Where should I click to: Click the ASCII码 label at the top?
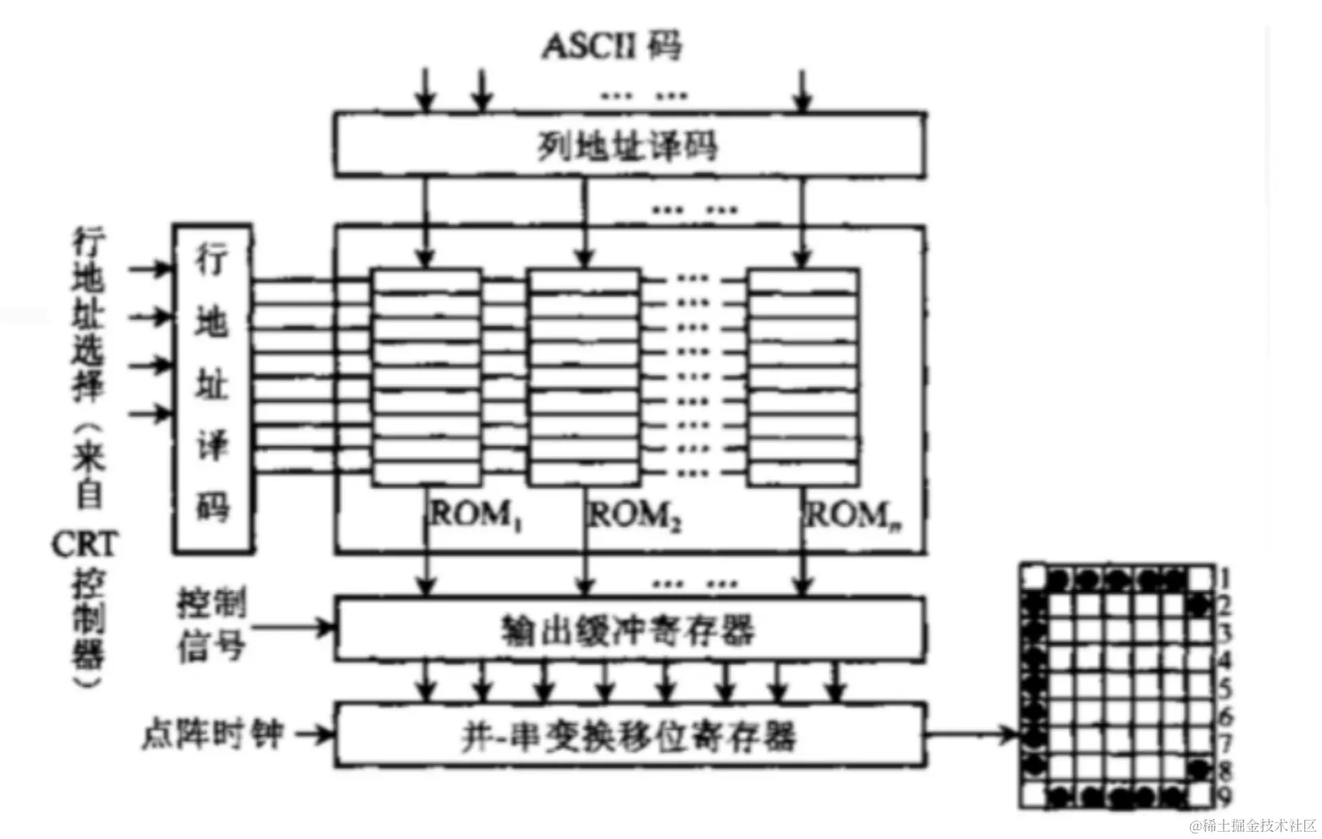point(612,46)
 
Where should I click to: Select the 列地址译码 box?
point(629,145)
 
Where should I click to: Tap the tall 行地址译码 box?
point(213,388)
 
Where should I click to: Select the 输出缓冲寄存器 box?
point(629,630)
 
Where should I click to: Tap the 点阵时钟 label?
point(213,734)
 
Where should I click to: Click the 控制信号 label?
point(211,625)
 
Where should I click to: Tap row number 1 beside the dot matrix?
point(1224,577)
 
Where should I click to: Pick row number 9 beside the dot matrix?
point(1224,796)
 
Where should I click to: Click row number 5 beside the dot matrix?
point(1224,687)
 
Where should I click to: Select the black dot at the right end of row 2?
point(1199,606)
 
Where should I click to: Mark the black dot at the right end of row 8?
point(1199,769)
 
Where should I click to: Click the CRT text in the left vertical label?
point(84,545)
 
